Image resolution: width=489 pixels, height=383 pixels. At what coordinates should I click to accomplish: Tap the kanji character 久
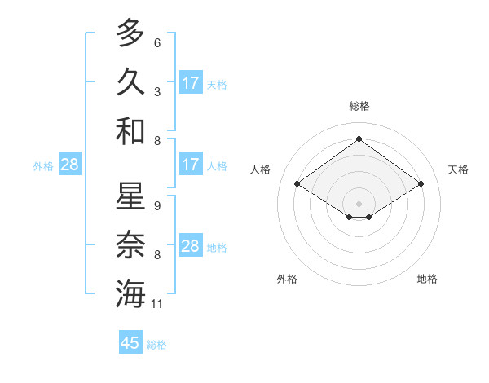(x=130, y=81)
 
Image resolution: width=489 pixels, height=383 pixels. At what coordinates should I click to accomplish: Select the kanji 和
(x=130, y=130)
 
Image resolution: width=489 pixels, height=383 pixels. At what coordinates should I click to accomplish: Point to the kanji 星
(x=130, y=197)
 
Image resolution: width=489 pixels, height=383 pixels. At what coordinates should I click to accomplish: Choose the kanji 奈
(x=130, y=245)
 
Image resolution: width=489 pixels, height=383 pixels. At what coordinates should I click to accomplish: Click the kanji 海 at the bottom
(x=130, y=294)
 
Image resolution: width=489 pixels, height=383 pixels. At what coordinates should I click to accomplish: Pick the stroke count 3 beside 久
(x=157, y=92)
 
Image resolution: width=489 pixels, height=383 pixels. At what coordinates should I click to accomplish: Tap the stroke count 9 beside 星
(x=157, y=207)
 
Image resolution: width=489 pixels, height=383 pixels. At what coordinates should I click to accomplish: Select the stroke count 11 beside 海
(x=157, y=304)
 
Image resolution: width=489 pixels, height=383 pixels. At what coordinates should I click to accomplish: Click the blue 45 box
(x=130, y=343)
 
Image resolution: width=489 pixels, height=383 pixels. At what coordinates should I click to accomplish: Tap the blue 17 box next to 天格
(x=191, y=83)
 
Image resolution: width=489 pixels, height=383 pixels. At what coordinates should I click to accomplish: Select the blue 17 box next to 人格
(x=191, y=165)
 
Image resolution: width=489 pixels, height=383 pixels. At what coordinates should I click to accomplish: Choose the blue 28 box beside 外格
(x=69, y=165)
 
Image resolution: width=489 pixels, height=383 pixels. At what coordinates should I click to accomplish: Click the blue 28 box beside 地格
(x=191, y=246)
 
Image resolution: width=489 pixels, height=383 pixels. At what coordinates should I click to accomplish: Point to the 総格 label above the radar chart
(x=359, y=106)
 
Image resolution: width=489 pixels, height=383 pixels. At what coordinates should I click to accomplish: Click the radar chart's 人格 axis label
(x=261, y=169)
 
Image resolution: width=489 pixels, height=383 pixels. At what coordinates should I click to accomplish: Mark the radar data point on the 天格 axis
(x=421, y=184)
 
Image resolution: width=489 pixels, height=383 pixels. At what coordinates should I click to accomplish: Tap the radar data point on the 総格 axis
(x=359, y=140)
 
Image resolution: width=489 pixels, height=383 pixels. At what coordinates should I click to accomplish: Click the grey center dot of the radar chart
(x=359, y=202)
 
